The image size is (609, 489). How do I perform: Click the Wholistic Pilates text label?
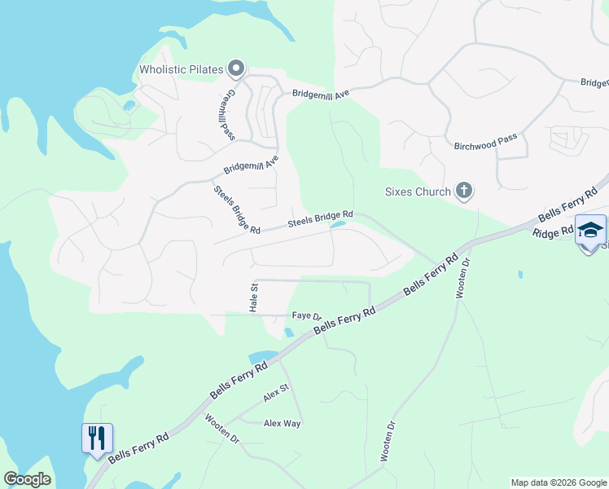click(181, 69)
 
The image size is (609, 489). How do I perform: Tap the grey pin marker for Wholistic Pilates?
click(236, 68)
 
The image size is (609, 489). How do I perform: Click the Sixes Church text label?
click(418, 192)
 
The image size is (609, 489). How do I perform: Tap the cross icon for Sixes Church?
click(463, 192)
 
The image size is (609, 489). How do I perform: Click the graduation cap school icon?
click(590, 231)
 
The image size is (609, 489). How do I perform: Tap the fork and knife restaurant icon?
click(96, 438)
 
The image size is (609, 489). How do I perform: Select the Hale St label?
click(253, 298)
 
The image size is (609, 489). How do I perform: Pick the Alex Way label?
click(282, 424)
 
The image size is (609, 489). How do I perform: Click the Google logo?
click(27, 479)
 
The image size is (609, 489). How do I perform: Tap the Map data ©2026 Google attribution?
click(559, 482)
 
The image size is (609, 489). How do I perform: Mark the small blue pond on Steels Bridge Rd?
click(338, 225)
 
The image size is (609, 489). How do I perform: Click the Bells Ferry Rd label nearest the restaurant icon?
click(139, 447)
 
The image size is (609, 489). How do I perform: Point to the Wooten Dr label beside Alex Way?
click(222, 429)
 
